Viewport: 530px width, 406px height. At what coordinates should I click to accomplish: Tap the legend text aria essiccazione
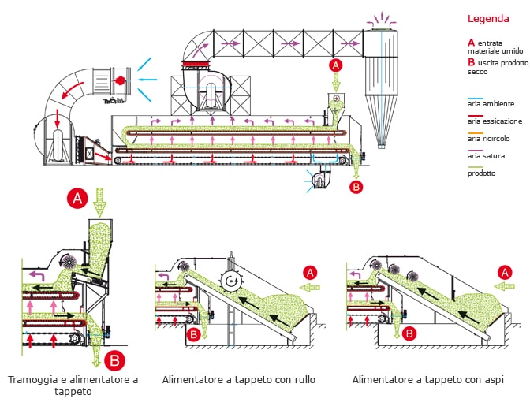pos(494,121)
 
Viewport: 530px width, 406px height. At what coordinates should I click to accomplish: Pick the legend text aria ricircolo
pos(487,138)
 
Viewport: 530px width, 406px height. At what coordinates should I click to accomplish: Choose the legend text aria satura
pos(485,156)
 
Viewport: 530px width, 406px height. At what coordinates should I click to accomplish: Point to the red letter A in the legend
pos(471,42)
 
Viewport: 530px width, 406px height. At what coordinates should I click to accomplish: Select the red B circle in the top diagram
pos(356,187)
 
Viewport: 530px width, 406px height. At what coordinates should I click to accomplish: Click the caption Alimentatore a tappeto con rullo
pos(238,380)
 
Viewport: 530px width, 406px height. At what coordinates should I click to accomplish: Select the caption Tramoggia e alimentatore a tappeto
pos(73,386)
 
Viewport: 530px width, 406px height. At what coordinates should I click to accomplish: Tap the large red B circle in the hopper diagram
pos(115,362)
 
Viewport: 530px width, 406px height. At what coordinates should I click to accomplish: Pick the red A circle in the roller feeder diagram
pos(311,272)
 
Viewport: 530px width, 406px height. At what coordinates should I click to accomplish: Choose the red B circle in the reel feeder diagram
pos(409,333)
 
